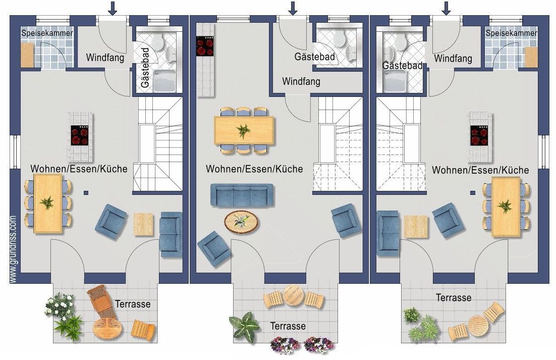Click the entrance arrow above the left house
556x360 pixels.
(113, 8)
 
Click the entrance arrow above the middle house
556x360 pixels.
(293, 8)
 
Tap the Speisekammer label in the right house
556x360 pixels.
(511, 33)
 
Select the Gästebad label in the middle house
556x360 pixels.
(314, 57)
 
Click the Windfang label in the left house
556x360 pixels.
(105, 58)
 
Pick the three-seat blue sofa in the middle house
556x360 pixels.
(242, 195)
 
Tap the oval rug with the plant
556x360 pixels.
(241, 222)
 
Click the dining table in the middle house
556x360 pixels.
(244, 131)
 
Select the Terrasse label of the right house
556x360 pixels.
(454, 297)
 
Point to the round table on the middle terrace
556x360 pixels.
(293, 295)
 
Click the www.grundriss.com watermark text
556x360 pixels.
(14, 249)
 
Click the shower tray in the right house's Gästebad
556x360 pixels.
(395, 81)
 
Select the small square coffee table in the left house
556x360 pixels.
(144, 224)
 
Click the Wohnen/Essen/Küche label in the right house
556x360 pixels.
(480, 170)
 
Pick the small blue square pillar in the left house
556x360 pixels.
(86, 193)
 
